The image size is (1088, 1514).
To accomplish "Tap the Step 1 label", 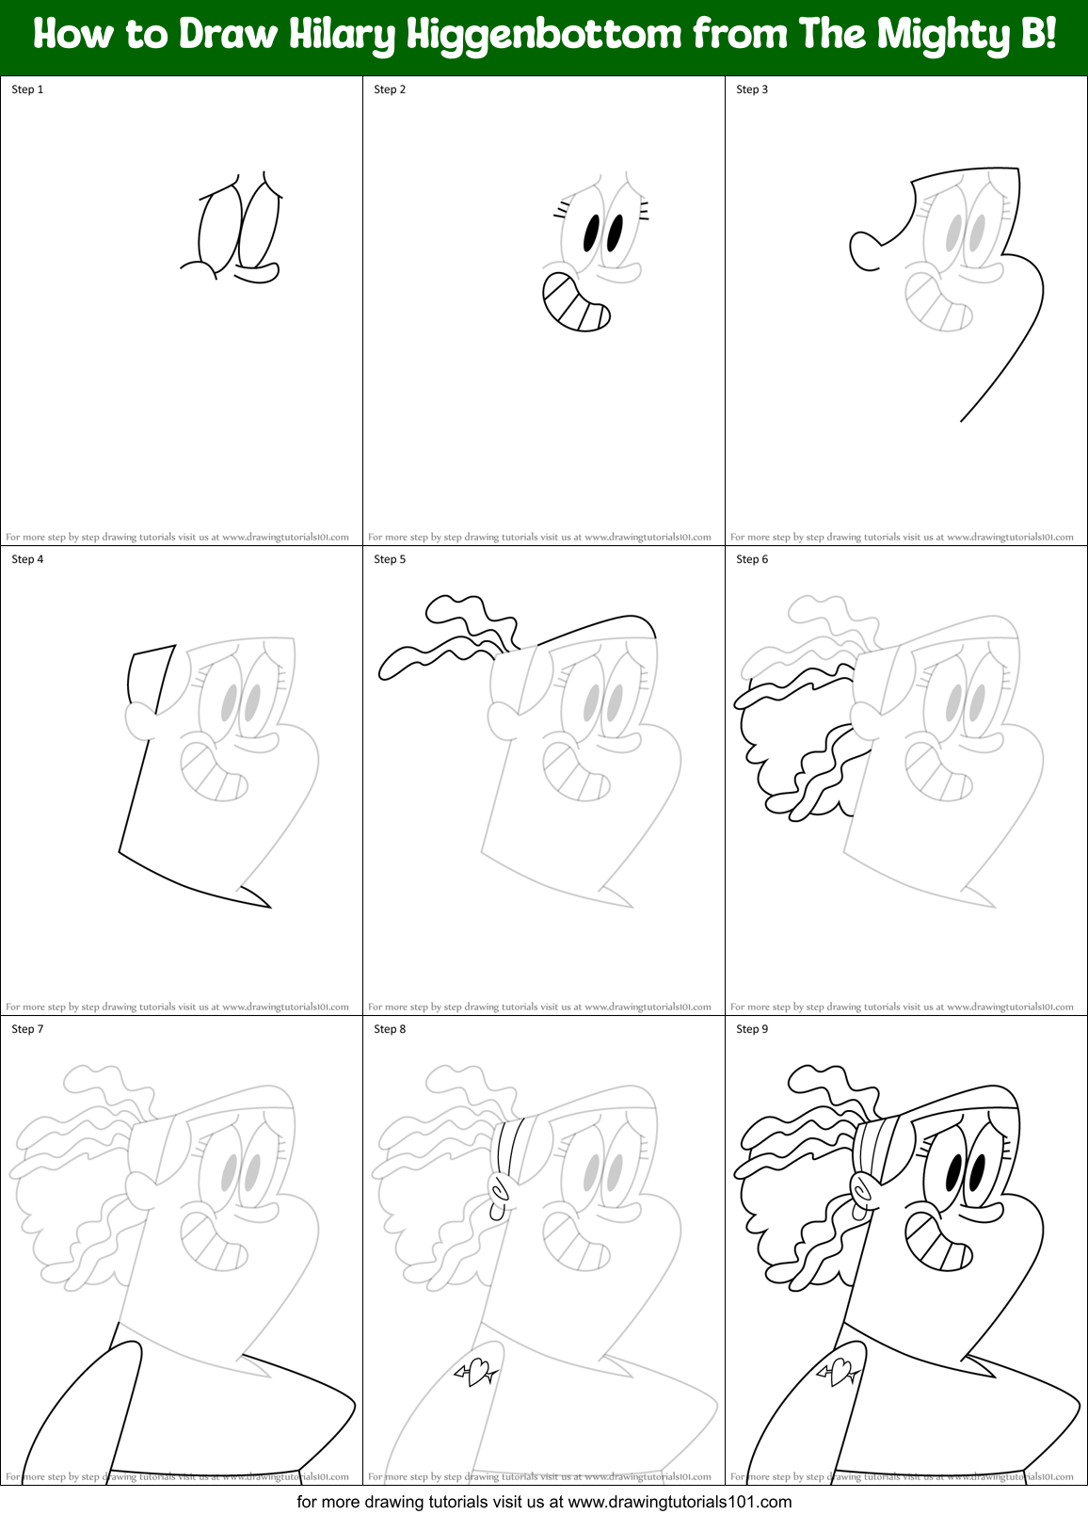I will (x=27, y=89).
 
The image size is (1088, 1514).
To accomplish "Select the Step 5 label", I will (x=390, y=559).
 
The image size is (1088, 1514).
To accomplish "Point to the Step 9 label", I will (x=752, y=1029).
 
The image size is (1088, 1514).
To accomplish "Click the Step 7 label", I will (x=27, y=1029).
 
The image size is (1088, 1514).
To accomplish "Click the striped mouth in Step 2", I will (x=575, y=303).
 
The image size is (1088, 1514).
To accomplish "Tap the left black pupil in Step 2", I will (x=591, y=233).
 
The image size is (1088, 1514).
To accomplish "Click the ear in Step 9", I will (x=861, y=1191).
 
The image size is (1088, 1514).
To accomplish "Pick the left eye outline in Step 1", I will (x=218, y=229).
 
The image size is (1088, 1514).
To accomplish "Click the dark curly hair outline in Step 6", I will (x=753, y=744).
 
